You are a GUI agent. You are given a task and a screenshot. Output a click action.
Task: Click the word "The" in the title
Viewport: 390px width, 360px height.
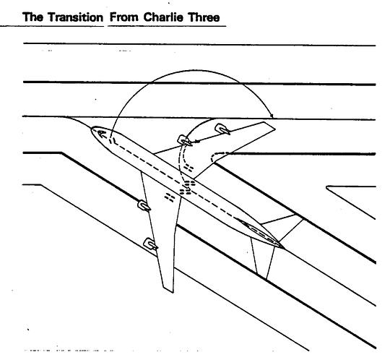point(32,17)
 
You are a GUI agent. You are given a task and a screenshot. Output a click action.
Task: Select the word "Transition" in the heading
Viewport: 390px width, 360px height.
point(75,17)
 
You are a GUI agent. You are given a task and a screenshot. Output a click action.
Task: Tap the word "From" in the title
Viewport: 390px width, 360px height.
point(124,17)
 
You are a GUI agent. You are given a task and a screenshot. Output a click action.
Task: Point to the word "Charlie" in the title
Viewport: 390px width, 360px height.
point(163,17)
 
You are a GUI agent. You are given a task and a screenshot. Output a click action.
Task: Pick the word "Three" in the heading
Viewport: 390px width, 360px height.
point(204,17)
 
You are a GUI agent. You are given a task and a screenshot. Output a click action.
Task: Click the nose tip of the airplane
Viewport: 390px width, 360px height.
point(91,129)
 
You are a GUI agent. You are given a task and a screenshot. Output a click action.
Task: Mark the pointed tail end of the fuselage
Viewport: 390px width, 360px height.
point(283,248)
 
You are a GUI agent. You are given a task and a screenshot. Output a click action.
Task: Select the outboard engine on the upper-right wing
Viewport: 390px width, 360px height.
point(222,129)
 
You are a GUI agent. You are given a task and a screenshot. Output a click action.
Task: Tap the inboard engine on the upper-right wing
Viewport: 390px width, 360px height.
point(185,141)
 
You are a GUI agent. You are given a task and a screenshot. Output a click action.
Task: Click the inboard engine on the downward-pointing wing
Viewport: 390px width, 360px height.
point(144,205)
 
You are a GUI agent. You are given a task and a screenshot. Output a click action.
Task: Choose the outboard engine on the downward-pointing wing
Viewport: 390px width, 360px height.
point(151,244)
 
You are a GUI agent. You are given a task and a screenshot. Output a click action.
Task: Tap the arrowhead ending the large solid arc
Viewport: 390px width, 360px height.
point(272,115)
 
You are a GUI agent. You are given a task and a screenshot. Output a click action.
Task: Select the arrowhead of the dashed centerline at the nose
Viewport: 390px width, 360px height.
point(102,134)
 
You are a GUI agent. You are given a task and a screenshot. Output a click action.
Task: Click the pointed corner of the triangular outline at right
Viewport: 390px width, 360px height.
point(326,187)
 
